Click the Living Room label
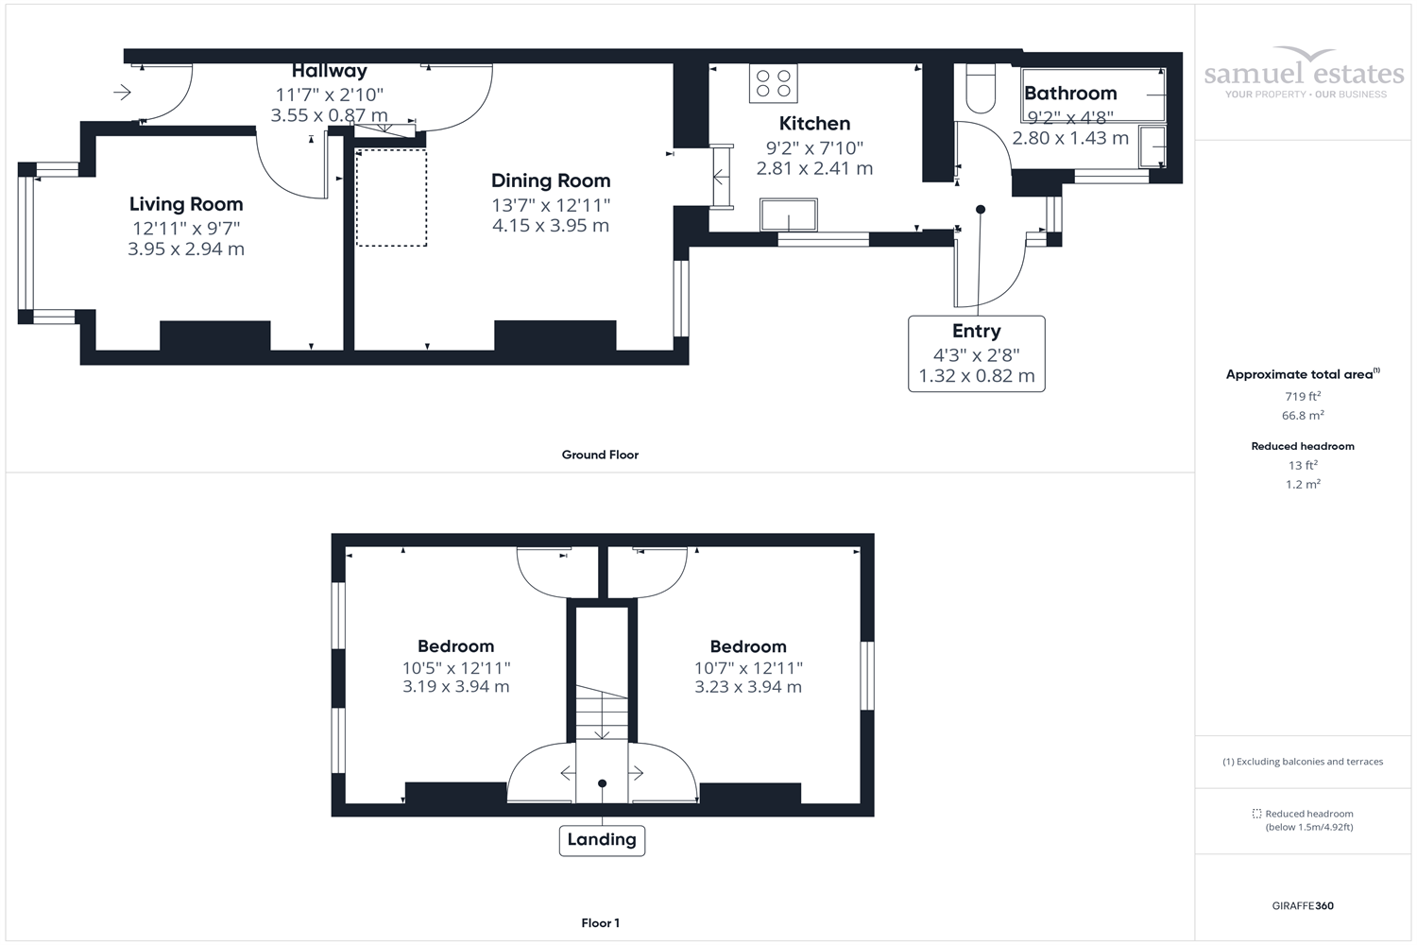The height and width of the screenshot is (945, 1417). tap(186, 204)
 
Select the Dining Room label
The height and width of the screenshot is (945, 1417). tap(551, 180)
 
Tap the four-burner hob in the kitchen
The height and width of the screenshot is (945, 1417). tap(774, 83)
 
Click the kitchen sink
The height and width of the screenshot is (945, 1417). tap(789, 215)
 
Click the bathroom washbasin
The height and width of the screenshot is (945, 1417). tap(1152, 146)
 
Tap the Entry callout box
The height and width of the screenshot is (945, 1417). tap(976, 353)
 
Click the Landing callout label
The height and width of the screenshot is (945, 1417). tap(602, 839)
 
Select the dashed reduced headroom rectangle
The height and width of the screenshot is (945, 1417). tap(391, 198)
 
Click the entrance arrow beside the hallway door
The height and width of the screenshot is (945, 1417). tap(122, 92)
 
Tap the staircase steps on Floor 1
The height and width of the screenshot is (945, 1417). tap(602, 713)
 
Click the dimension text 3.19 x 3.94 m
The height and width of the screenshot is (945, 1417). tap(455, 687)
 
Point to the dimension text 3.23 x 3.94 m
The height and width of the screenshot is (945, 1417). tap(748, 687)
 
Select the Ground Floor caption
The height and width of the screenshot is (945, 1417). tap(600, 455)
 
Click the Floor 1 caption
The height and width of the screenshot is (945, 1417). tap(600, 923)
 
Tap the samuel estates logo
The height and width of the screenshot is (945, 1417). tap(1304, 74)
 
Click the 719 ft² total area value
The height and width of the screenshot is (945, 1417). tap(1302, 397)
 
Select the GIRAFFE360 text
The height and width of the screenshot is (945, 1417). tap(1303, 905)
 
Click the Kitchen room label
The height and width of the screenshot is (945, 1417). tap(814, 124)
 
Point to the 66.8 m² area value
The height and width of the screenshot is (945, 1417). tap(1302, 416)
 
